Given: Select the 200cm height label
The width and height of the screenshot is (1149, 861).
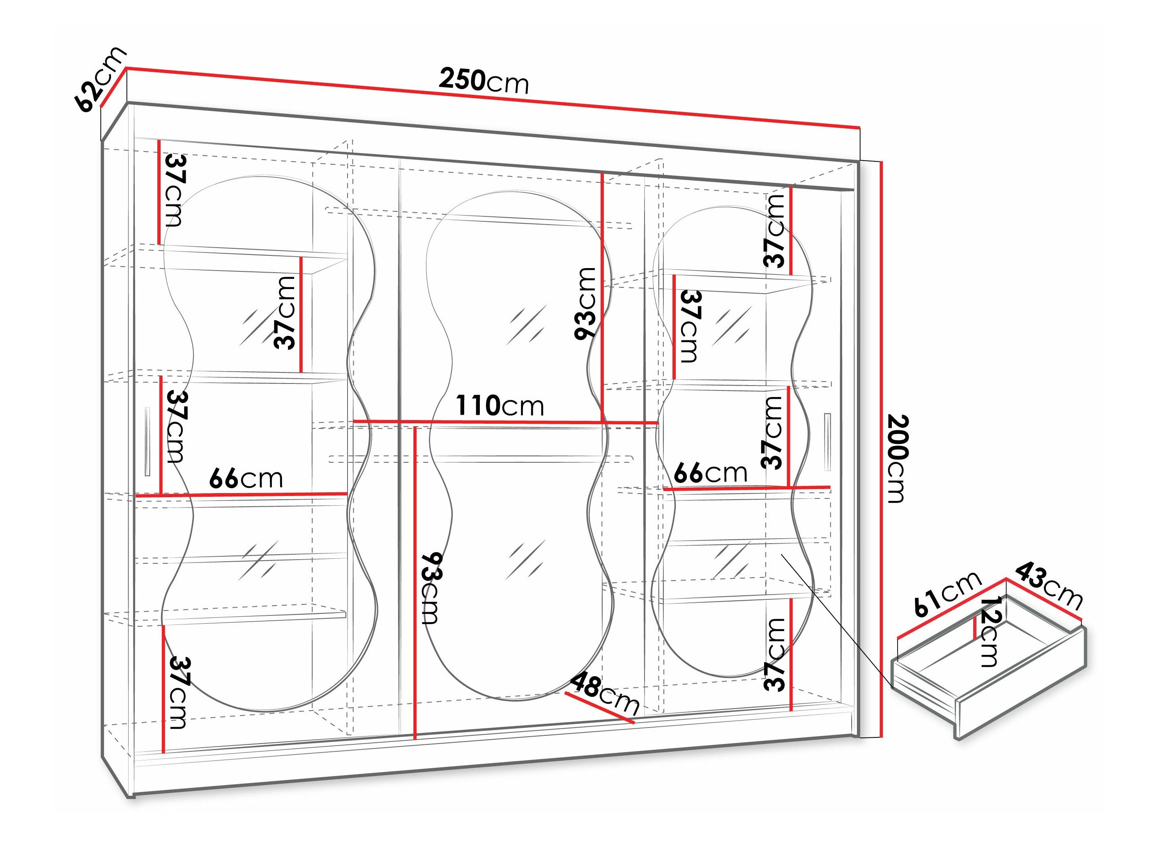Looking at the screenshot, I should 898,458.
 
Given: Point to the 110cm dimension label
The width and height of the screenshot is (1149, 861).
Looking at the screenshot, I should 500,406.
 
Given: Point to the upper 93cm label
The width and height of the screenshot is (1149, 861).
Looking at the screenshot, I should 585,304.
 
